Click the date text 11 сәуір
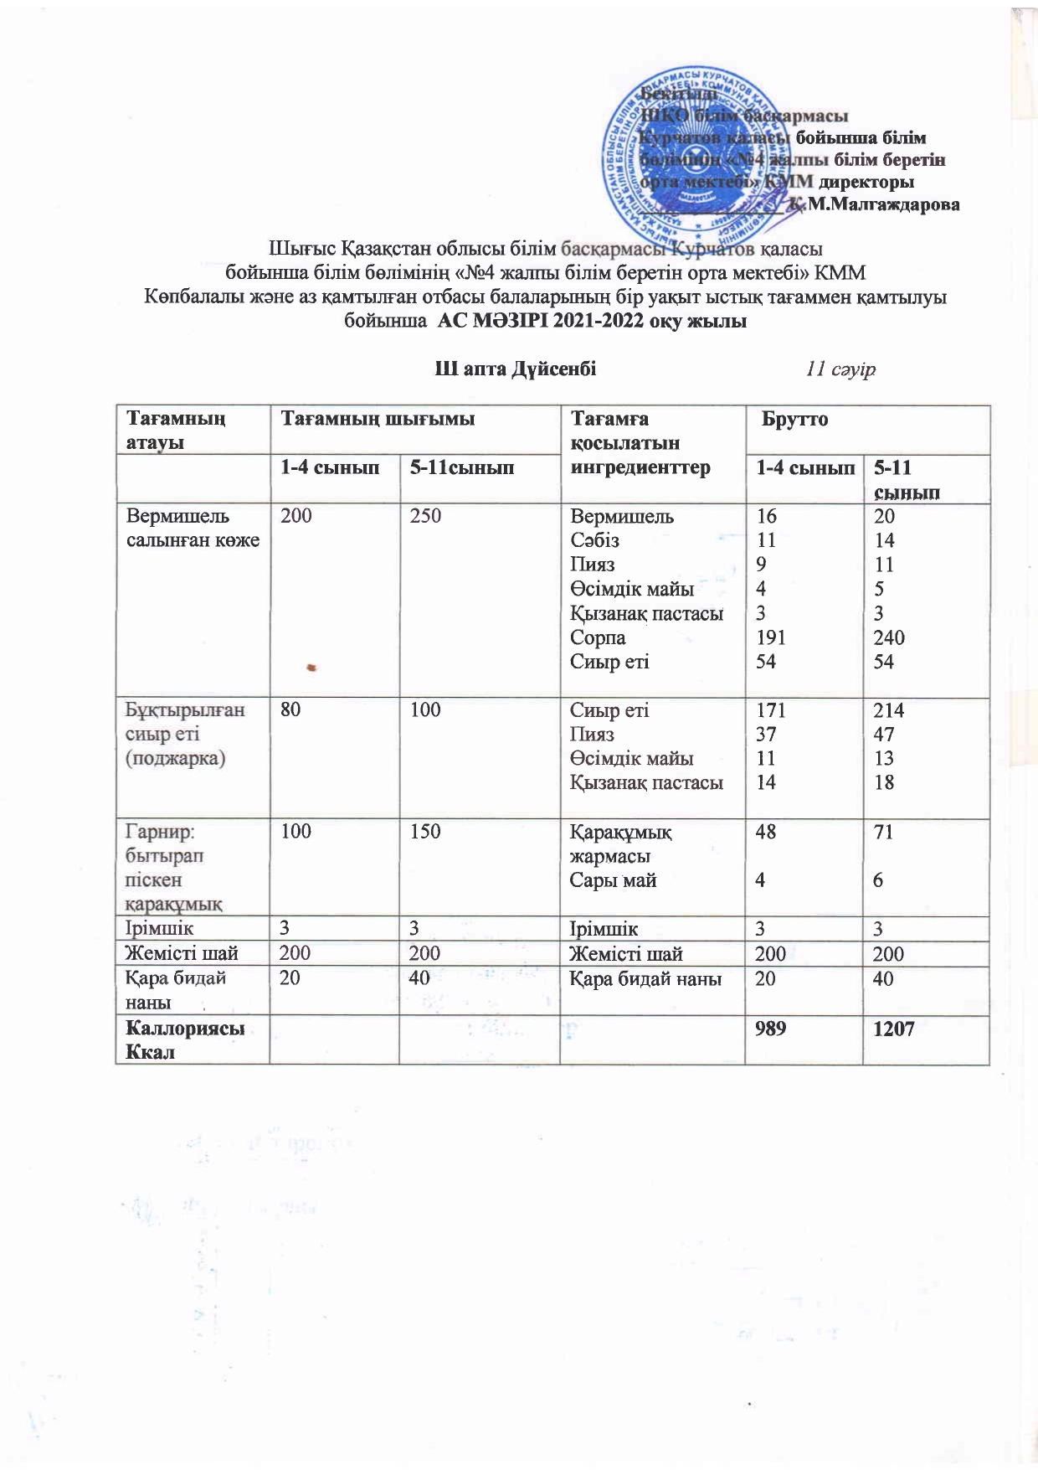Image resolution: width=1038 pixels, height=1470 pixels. coord(840,369)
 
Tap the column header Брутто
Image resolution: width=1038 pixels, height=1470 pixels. coord(794,420)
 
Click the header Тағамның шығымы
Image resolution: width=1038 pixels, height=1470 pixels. coord(378,419)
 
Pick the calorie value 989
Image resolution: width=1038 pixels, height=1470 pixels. coord(770,1029)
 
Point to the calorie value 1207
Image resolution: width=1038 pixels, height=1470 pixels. coord(893,1029)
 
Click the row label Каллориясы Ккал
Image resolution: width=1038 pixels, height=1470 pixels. coord(184,1039)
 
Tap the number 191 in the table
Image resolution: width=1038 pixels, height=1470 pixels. coord(770,637)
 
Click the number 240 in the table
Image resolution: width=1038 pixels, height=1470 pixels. coord(889,637)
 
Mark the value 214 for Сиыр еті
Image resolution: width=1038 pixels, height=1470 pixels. coord(888,710)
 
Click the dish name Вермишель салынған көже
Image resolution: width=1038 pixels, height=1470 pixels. coord(193,528)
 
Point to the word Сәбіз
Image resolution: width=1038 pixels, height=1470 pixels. coord(594,540)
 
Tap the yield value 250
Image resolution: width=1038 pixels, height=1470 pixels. coord(425,516)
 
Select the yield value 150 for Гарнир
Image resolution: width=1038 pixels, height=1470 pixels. coord(425,832)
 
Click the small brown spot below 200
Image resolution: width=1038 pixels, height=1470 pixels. coord(311,668)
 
